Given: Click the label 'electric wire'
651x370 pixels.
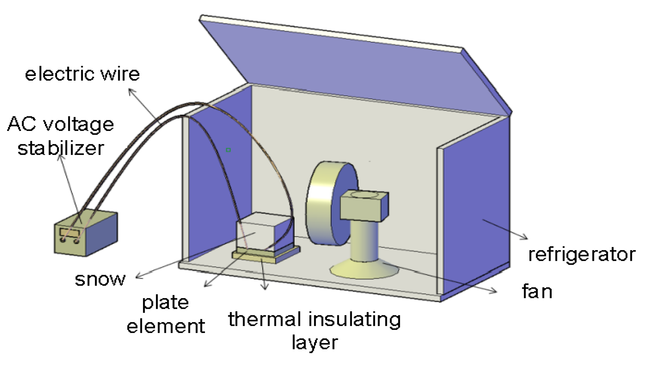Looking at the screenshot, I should pyautogui.click(x=82, y=74).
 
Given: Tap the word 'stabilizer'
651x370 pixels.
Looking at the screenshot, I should pyautogui.click(x=61, y=148).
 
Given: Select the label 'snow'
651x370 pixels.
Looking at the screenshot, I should pyautogui.click(x=100, y=279).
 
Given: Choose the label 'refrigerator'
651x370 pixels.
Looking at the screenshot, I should pyautogui.click(x=582, y=255).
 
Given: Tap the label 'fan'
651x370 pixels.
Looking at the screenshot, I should pyautogui.click(x=537, y=291).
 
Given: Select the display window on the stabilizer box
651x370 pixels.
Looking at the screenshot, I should pyautogui.click(x=70, y=233).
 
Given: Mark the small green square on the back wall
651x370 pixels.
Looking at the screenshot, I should pyautogui.click(x=228, y=150).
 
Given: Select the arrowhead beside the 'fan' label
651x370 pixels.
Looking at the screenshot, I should pyautogui.click(x=495, y=291).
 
